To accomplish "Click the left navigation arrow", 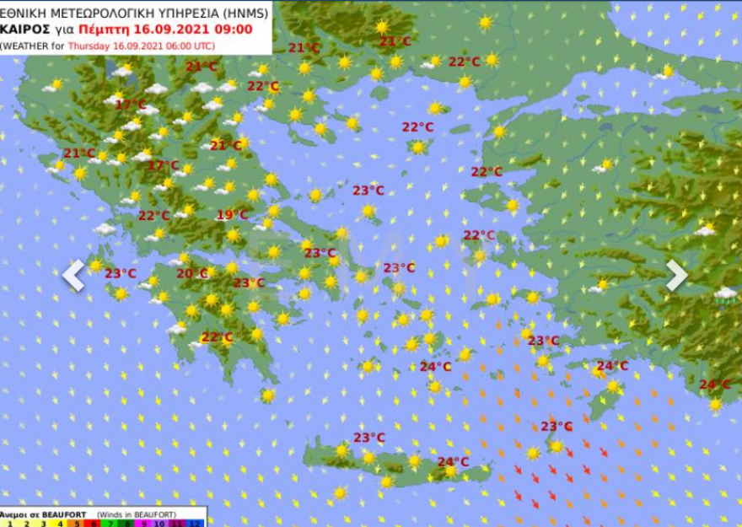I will pos(73,275).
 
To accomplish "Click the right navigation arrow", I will pos(676,275).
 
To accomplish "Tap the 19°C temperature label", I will pos(232,215).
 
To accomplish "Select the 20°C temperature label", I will pos(191,273).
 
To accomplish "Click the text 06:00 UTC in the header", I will pos(189,46).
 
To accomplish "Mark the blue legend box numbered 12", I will pos(196,523).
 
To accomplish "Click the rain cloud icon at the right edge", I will pos(725,294).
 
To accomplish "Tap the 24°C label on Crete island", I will pos(453,461).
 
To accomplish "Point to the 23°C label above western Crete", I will pos(368,437).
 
